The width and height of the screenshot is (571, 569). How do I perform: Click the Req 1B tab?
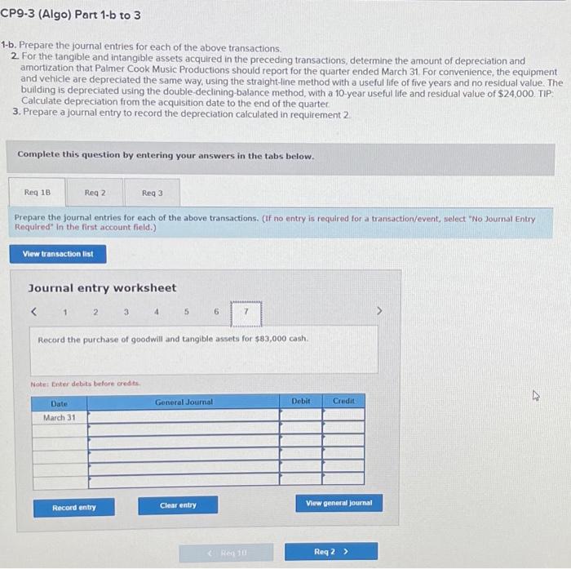click(x=37, y=193)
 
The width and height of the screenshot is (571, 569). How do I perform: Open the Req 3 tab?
click(x=152, y=193)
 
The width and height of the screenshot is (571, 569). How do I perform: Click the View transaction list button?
click(x=58, y=254)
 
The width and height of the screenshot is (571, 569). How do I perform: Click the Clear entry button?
click(x=178, y=505)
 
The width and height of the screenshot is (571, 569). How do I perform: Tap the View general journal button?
click(x=339, y=503)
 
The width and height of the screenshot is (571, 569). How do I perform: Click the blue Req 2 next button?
click(x=330, y=552)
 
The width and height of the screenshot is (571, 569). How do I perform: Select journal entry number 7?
click(x=246, y=312)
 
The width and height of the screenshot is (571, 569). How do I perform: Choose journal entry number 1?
click(x=64, y=312)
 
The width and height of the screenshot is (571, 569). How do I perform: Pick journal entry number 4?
click(x=155, y=312)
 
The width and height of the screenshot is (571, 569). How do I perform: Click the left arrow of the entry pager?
click(x=34, y=312)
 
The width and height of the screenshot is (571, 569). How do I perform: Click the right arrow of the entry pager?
click(x=377, y=312)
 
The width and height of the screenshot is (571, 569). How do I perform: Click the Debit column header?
click(x=301, y=402)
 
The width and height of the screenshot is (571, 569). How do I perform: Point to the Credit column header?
click(x=343, y=402)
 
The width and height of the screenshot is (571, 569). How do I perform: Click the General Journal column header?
click(x=184, y=402)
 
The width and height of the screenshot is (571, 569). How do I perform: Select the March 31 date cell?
click(x=59, y=416)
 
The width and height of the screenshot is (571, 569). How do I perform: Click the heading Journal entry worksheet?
click(x=102, y=288)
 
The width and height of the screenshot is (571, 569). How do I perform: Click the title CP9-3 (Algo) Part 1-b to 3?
click(x=71, y=16)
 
